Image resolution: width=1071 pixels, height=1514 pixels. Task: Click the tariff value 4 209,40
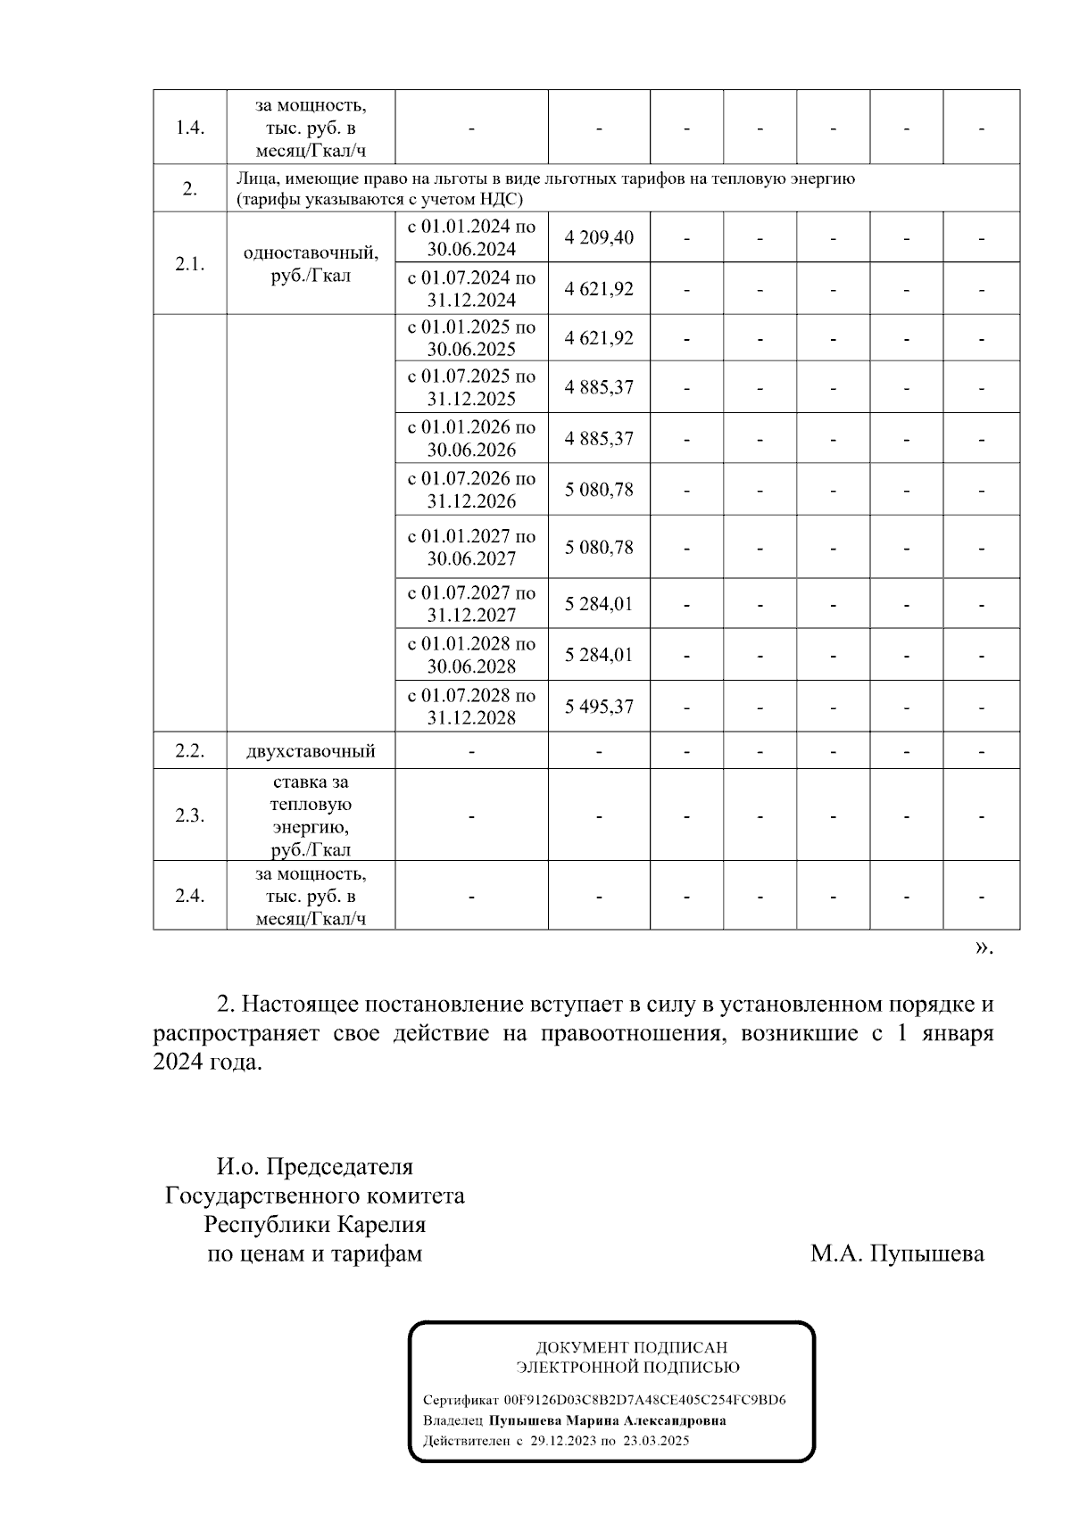pyautogui.click(x=599, y=237)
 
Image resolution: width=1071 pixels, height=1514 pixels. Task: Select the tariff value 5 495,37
pyautogui.click(x=599, y=707)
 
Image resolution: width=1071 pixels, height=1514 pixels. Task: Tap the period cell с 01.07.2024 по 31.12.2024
pyautogui.click(x=471, y=288)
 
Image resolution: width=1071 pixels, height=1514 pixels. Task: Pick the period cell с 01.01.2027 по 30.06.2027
pyautogui.click(x=471, y=547)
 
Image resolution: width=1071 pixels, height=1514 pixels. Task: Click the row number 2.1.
pyautogui.click(x=189, y=264)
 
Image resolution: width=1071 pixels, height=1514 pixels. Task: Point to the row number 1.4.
pyautogui.click(x=189, y=128)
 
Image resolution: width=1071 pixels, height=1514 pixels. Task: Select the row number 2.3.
pyautogui.click(x=189, y=815)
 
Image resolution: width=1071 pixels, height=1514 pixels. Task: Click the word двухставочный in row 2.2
pyautogui.click(x=311, y=751)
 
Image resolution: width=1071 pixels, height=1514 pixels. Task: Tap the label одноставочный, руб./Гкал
pyautogui.click(x=311, y=264)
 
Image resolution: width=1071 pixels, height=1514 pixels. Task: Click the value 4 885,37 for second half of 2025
pyautogui.click(x=599, y=387)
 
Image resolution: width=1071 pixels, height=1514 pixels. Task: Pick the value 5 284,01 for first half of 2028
pyautogui.click(x=599, y=655)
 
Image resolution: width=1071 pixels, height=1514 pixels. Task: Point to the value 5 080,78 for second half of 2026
pyautogui.click(x=599, y=489)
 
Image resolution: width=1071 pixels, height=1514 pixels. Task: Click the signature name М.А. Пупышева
pyautogui.click(x=897, y=1254)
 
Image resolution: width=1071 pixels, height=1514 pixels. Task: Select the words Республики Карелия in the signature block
pyautogui.click(x=314, y=1225)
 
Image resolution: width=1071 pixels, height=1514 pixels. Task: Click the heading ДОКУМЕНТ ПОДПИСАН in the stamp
pyautogui.click(x=631, y=1348)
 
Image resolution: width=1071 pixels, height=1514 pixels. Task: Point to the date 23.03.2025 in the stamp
pyautogui.click(x=656, y=1441)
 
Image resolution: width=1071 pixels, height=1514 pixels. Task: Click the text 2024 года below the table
pyautogui.click(x=207, y=1063)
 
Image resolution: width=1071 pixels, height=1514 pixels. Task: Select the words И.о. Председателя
pyautogui.click(x=314, y=1167)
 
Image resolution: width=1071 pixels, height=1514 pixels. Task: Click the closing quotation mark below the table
pyautogui.click(x=982, y=947)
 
